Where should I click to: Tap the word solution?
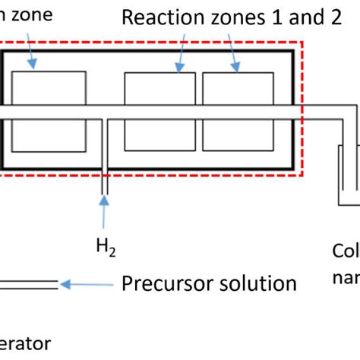[254, 283]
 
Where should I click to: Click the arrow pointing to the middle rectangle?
[182, 56]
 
